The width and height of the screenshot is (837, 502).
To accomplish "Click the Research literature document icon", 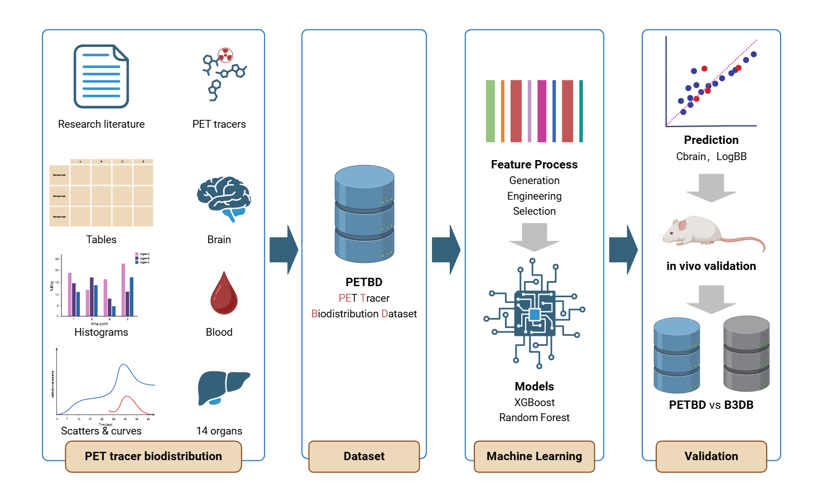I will pyautogui.click(x=101, y=76).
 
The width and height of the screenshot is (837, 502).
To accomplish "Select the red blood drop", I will pyautogui.click(x=224, y=293).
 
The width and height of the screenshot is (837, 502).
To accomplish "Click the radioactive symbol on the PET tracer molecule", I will pyautogui.click(x=225, y=55).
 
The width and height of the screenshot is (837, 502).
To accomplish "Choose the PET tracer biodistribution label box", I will pyautogui.click(x=153, y=456).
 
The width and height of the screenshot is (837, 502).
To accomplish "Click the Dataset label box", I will pyautogui.click(x=364, y=456).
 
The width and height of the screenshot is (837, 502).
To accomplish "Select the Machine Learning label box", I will pyautogui.click(x=534, y=456).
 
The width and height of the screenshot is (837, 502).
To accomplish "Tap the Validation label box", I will pyautogui.click(x=711, y=456).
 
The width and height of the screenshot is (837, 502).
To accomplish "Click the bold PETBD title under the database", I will pyautogui.click(x=364, y=282).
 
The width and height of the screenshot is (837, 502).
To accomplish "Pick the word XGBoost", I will pyautogui.click(x=534, y=402).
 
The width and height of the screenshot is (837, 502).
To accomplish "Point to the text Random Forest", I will pyautogui.click(x=534, y=418).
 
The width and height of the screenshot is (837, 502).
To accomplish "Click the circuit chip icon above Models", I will pyautogui.click(x=534, y=314).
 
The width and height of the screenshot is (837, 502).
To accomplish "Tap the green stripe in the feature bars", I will pyautogui.click(x=490, y=111).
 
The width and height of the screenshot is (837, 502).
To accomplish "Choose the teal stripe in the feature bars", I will pyautogui.click(x=581, y=111).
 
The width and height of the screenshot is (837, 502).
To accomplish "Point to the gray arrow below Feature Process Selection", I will pyautogui.click(x=534, y=236).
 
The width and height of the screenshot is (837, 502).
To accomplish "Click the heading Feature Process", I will pyautogui.click(x=534, y=165).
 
